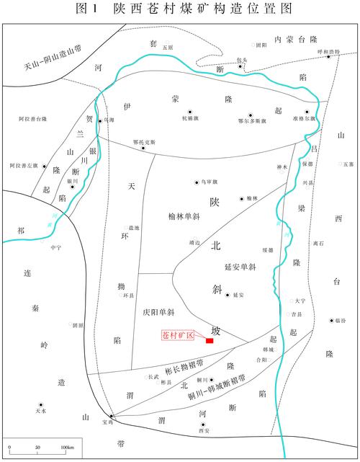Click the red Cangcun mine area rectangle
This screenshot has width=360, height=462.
209,340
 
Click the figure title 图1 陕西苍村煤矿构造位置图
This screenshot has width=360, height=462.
180,9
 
